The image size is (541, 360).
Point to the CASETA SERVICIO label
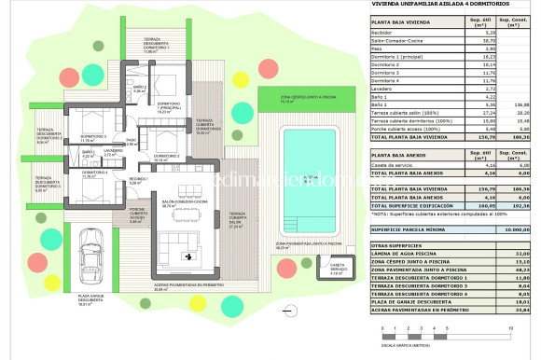pos(337,271)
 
